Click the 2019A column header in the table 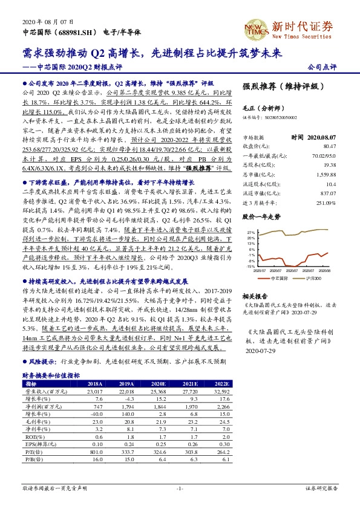[x=125, y=383]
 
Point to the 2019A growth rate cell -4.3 [x=126, y=400]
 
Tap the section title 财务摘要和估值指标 [x=51, y=375]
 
